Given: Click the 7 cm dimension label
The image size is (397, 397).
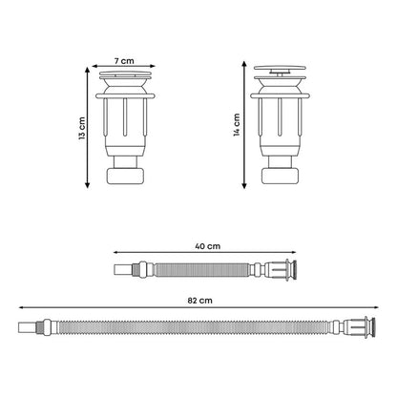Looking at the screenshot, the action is coord(124,61).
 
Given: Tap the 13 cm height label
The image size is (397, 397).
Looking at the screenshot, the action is coord(82,128).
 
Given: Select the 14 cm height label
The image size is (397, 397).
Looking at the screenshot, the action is coord(237,125).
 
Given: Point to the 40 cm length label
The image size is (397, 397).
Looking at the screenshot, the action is coord(207,246).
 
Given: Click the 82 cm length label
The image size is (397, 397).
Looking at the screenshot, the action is coord(199,301).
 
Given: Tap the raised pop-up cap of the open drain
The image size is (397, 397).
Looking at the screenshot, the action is coord(280,68).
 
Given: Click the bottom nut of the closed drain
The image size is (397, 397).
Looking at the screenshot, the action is coord(125,176).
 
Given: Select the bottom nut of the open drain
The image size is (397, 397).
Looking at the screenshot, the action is coord(281,176).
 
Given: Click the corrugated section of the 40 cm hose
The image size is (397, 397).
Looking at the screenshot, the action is coord(201,270).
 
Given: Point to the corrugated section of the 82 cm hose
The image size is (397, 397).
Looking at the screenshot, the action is coord(193,327).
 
